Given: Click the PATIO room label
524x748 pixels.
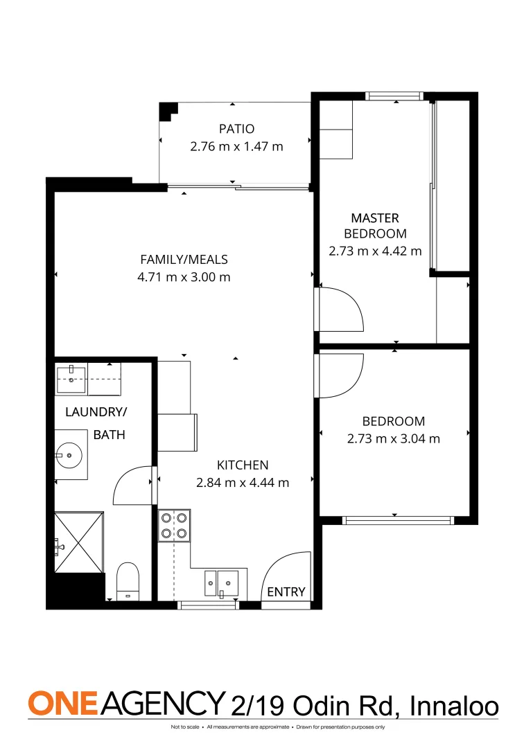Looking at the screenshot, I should coord(237,129).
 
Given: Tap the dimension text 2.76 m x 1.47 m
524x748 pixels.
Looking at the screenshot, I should coord(237,146).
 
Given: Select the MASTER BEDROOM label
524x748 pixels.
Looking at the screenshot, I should coord(375,226).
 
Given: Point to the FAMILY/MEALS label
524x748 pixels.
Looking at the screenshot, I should coord(184,260).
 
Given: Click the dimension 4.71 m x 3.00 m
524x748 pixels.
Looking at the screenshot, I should coord(184,277).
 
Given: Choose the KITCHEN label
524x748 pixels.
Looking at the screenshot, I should coord(243,465).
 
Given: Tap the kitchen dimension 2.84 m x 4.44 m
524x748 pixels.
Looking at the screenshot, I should coord(243,482).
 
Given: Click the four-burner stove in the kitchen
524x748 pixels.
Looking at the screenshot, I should coord(174,524).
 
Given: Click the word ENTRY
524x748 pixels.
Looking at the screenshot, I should coord(286,591).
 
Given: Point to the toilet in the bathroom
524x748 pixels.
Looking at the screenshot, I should coord(128,582).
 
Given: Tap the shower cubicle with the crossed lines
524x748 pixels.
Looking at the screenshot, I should coord(79,542).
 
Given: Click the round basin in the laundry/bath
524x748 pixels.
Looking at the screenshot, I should coord(69,455).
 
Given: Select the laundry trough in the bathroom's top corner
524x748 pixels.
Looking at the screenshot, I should coord(71,376).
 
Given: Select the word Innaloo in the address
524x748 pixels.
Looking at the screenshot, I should coord(454,706).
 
